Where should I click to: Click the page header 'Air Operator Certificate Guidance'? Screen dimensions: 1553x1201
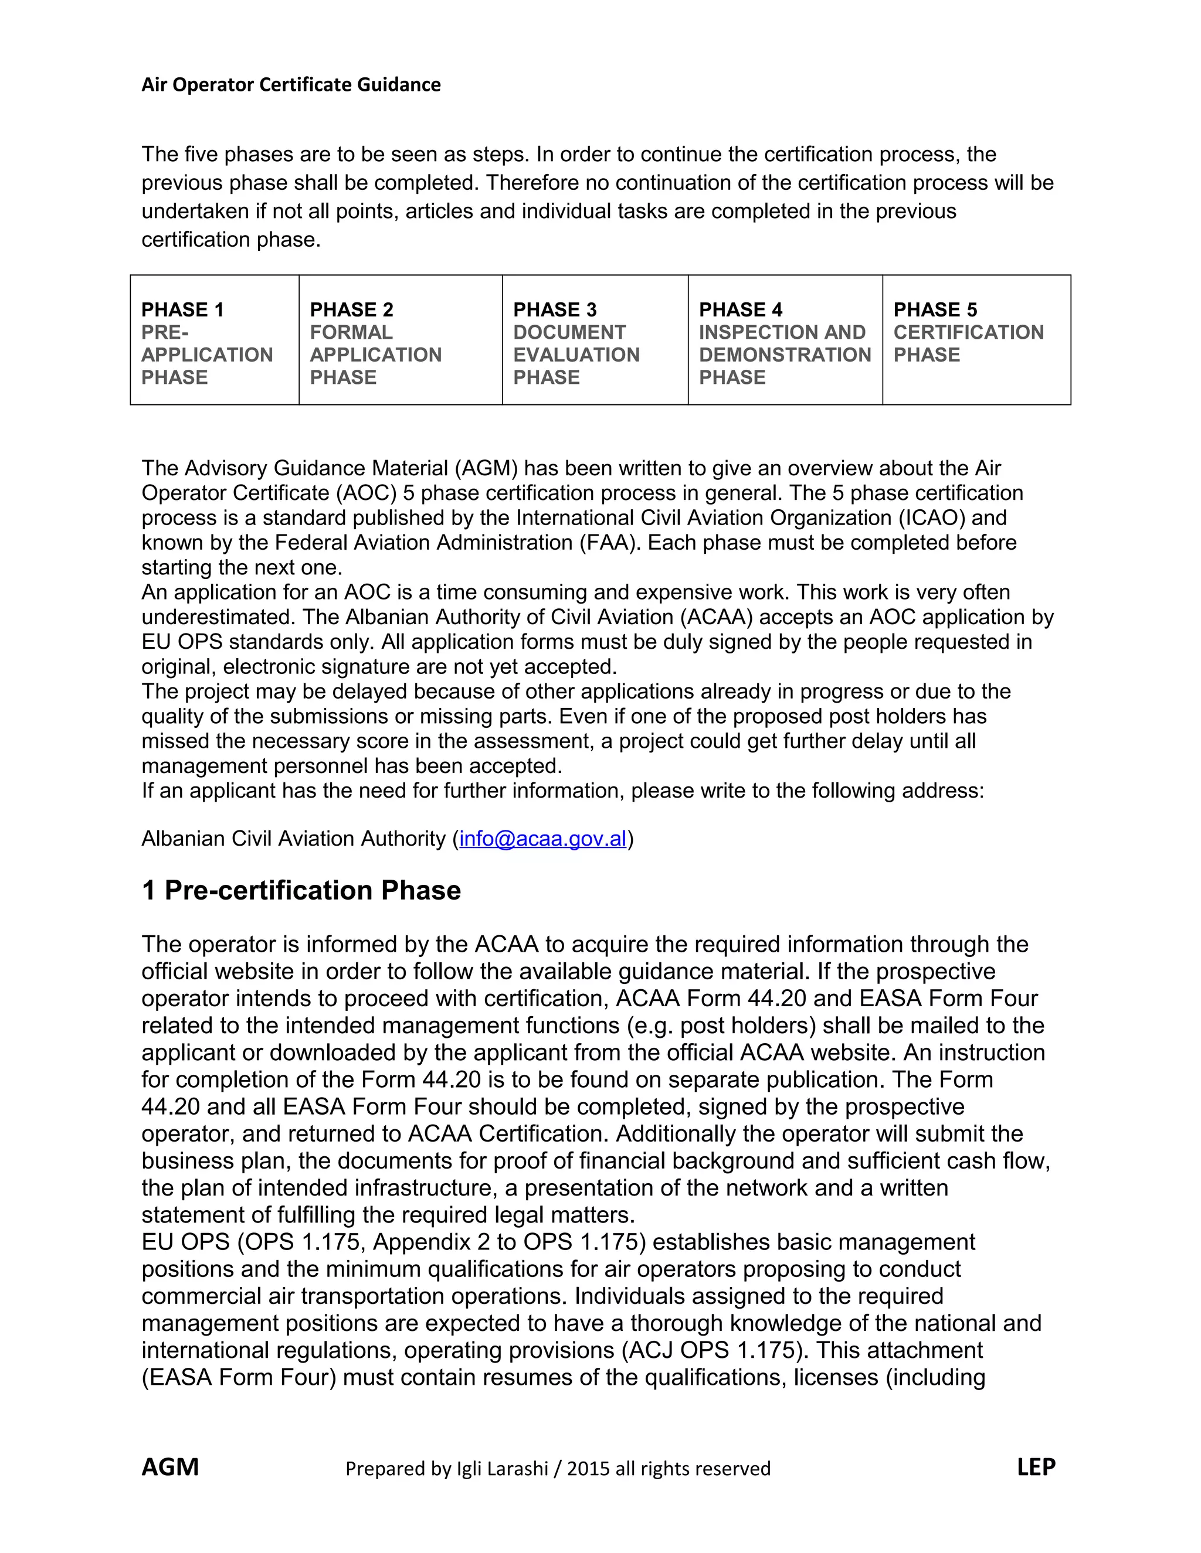pos(291,84)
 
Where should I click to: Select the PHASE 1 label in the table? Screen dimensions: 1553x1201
pos(182,309)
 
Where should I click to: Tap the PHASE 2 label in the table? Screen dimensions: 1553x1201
pos(351,309)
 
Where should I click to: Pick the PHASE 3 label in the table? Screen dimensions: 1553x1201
pos(555,309)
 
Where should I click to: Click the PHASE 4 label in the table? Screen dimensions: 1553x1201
pos(741,309)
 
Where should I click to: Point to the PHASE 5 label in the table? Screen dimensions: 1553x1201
pos(935,309)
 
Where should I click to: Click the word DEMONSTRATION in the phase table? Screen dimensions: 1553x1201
pos(785,354)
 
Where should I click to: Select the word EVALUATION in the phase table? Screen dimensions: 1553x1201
pos(576,354)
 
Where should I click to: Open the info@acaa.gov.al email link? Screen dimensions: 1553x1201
pos(543,839)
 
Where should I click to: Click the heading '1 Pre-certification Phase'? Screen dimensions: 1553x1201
pos(301,890)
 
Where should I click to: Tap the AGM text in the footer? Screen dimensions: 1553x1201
pos(170,1467)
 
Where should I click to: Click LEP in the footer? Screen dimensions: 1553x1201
pos(1036,1467)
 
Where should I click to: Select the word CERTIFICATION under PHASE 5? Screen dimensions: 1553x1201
pos(968,332)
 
